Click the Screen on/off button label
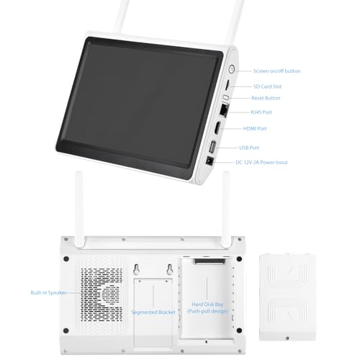[x=276, y=71]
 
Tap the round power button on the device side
[x=231, y=69]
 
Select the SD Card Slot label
[x=267, y=86]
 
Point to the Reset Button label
[x=266, y=98]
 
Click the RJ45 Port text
[x=261, y=112]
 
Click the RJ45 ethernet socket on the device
[x=225, y=110]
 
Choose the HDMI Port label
[x=255, y=128]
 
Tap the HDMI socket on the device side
[x=217, y=127]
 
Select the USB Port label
[x=249, y=148]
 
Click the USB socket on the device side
[x=212, y=147]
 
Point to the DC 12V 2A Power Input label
[x=261, y=163]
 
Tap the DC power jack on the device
[x=210, y=161]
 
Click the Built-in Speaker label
[x=48, y=292]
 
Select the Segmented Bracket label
[x=153, y=312]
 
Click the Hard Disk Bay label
[x=207, y=305]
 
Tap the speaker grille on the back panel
[x=102, y=295]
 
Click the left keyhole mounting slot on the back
[x=137, y=269]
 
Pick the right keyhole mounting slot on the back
[x=170, y=269]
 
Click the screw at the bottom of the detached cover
[x=287, y=338]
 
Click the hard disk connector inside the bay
[x=210, y=261]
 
